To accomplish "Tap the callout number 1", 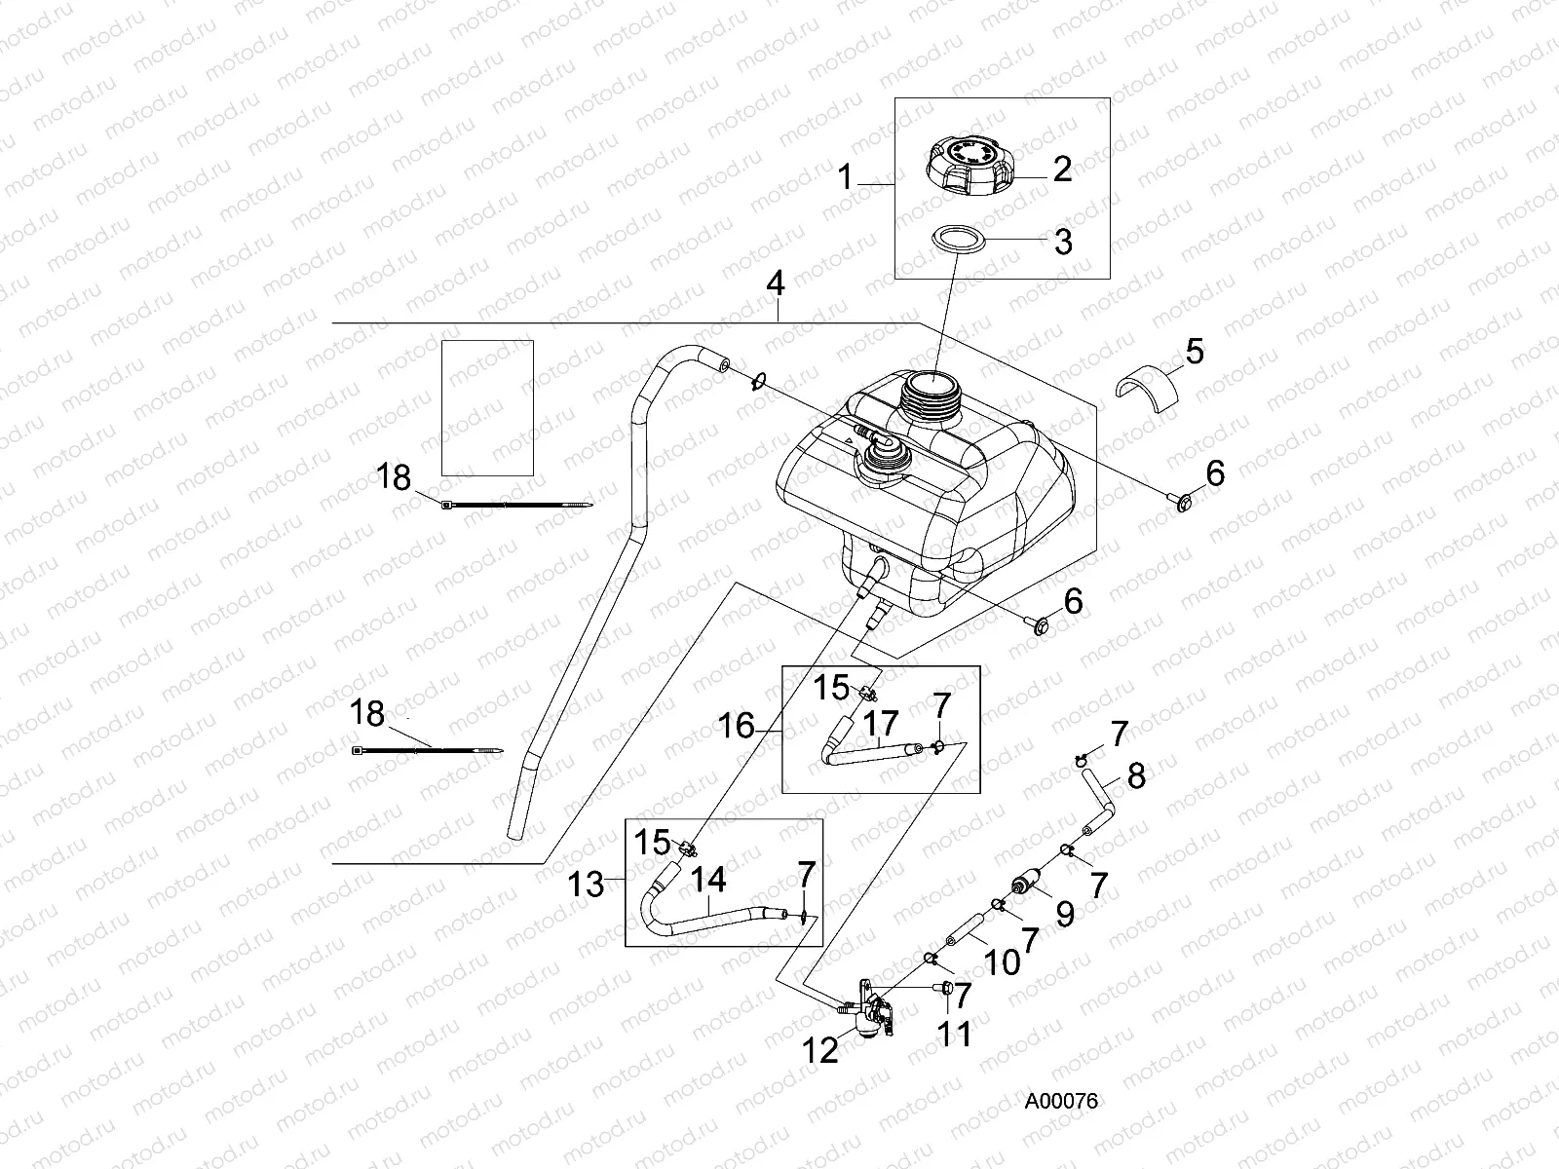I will tap(846, 177).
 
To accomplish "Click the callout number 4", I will tap(775, 284).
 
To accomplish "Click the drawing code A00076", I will tap(1062, 1102).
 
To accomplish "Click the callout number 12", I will tap(822, 1050).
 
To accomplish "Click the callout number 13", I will tap(587, 885).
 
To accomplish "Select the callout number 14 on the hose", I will tap(708, 880).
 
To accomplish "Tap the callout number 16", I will tap(738, 725).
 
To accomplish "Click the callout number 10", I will tap(998, 963).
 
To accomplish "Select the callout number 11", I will tap(954, 1033).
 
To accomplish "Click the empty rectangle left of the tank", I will tap(487, 407).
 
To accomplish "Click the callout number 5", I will tap(1194, 351).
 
